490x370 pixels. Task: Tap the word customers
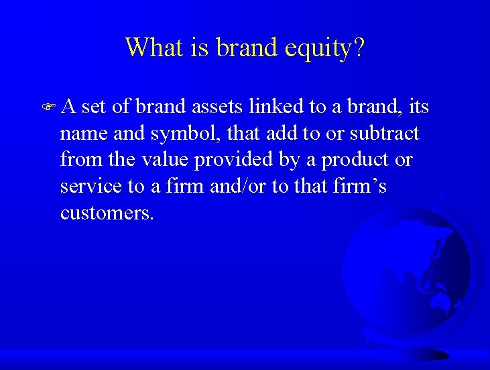[x=107, y=213]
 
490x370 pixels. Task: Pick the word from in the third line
[x=76, y=160]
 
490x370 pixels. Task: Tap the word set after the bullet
[x=95, y=107]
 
